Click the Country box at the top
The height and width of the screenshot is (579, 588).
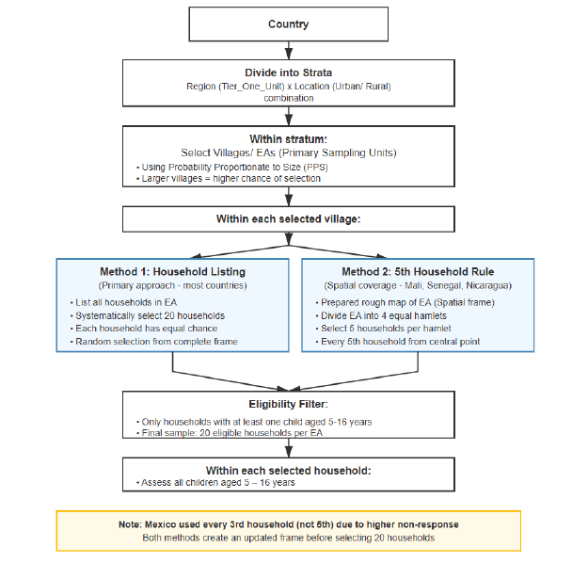(288, 24)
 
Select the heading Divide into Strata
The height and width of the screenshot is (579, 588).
(288, 72)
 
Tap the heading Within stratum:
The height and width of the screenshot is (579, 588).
(288, 137)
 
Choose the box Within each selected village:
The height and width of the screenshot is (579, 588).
(288, 218)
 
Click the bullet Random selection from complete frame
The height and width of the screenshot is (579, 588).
(156, 342)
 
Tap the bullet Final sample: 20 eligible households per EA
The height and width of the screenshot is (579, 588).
(231, 434)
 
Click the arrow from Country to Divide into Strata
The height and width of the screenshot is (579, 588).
(288, 49)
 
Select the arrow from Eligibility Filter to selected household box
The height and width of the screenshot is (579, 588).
(288, 450)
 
